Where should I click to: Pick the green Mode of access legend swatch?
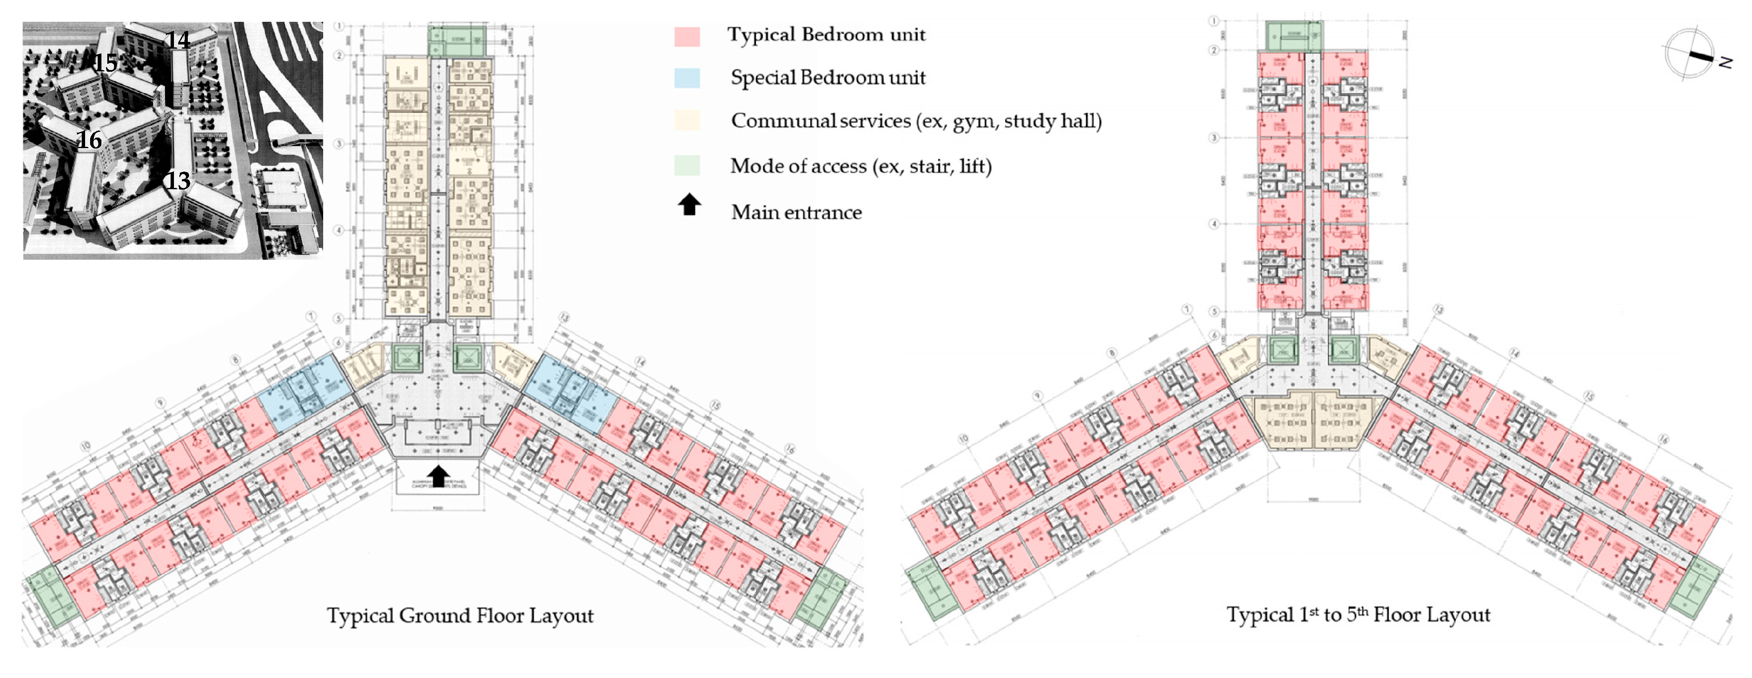687,165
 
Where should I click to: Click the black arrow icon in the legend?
689,204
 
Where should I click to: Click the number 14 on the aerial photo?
178,39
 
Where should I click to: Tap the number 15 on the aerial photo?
106,63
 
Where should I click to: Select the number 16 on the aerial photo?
89,140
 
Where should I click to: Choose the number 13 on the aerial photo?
178,181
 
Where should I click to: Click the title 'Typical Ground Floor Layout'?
460,615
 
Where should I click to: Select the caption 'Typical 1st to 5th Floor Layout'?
1358,615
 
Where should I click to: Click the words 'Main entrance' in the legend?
796,212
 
